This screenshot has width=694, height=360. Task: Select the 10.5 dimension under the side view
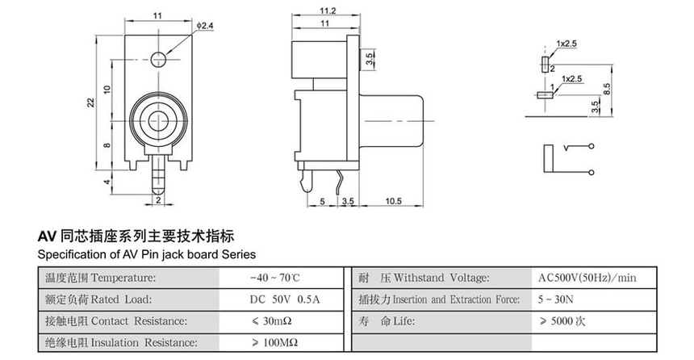394,200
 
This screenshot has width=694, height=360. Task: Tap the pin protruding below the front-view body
158,173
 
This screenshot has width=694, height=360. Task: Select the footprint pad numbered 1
544,94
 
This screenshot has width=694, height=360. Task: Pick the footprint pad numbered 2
545,63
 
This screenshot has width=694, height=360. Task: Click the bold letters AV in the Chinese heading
46,237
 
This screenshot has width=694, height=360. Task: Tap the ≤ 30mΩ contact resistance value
276,321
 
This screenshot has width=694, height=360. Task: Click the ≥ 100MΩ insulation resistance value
278,343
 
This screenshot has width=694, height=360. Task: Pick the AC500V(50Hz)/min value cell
587,278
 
